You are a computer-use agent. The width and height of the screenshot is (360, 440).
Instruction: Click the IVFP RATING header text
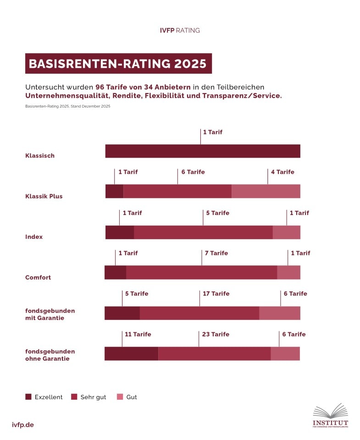tap(180, 31)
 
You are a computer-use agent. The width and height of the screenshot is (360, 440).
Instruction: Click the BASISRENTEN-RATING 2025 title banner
tap(118, 64)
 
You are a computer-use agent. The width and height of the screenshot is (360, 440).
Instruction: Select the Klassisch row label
tap(40, 156)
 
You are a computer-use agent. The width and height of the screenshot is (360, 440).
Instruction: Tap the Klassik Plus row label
tap(44, 196)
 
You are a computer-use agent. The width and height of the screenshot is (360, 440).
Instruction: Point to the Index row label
tap(34, 237)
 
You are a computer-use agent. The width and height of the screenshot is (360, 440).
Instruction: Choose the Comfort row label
tap(38, 277)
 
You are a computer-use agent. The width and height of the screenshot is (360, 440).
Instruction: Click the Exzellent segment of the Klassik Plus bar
tap(114, 192)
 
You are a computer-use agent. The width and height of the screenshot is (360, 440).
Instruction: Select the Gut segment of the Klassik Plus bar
tap(266, 192)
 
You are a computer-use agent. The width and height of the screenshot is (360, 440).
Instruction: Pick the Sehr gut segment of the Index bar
tap(203, 232)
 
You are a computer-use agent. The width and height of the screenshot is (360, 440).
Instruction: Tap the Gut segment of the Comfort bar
tap(288, 272)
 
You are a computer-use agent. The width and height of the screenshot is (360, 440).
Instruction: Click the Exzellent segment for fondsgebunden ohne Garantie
tap(131, 354)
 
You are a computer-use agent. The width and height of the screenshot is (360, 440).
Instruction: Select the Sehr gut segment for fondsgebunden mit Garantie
tap(199, 313)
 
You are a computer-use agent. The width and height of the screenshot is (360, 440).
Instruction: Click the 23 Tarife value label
tap(216, 334)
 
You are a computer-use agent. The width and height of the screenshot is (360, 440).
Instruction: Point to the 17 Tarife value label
tap(216, 294)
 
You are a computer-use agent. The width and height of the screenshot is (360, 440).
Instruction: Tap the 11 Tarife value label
tap(138, 334)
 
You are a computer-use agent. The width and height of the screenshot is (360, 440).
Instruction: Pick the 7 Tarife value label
tap(216, 253)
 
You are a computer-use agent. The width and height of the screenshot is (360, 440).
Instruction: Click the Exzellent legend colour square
tap(28, 397)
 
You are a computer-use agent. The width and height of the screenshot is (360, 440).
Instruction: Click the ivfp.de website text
tap(23, 425)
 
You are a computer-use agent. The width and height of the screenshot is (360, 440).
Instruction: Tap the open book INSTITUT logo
tap(330, 416)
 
